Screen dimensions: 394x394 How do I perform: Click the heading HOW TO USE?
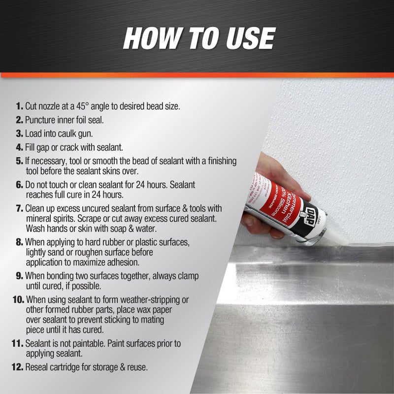pyautogui.click(x=198, y=38)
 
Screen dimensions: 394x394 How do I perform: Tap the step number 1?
pyautogui.click(x=20, y=106)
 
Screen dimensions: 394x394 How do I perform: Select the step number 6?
pyautogui.click(x=20, y=184)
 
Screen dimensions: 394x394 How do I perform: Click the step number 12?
pyautogui.click(x=17, y=366)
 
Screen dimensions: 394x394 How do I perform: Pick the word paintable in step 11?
pyautogui.click(x=85, y=343)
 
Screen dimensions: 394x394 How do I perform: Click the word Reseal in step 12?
pyautogui.click(x=36, y=366)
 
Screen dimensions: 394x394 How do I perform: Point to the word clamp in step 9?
pyautogui.click(x=185, y=275)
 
